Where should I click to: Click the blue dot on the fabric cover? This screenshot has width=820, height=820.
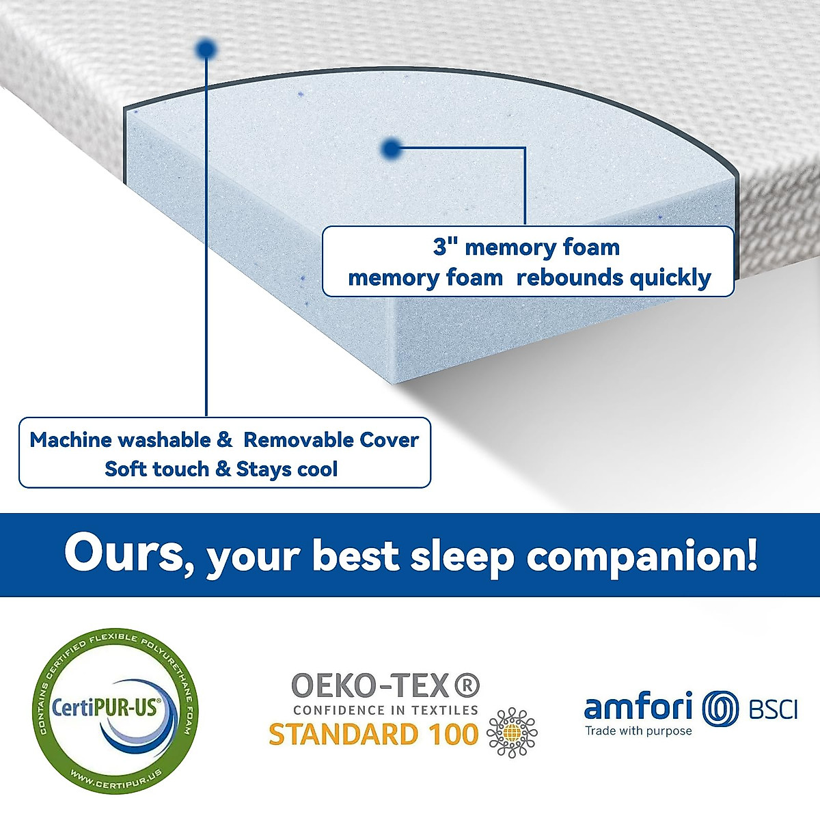[206, 49]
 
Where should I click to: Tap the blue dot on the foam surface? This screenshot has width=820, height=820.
[391, 148]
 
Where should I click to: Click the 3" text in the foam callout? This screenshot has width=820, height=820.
[445, 247]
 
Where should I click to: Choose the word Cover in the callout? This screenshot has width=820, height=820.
[389, 440]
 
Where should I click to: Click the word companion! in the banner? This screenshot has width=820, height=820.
[642, 556]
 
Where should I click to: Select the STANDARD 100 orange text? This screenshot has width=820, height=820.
[373, 735]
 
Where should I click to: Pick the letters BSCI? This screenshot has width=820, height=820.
[773, 709]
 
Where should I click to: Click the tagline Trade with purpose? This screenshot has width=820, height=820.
[638, 731]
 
